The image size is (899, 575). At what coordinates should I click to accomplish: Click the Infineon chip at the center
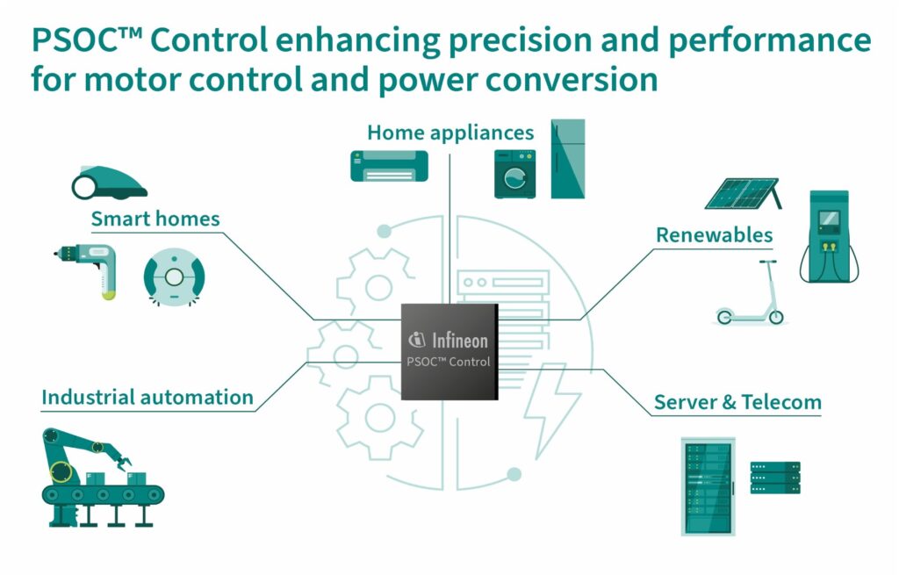click(x=449, y=351)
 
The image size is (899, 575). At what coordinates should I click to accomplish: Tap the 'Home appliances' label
click(x=449, y=133)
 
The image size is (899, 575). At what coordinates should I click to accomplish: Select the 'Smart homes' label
click(x=155, y=218)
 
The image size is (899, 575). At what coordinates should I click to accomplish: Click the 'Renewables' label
click(x=714, y=234)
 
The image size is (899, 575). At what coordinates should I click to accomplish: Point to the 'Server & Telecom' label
click(x=737, y=403)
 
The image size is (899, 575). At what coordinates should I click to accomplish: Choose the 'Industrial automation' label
click(x=147, y=397)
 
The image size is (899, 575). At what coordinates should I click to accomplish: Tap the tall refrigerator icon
click(x=567, y=159)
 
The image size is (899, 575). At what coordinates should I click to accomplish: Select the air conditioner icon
click(x=389, y=165)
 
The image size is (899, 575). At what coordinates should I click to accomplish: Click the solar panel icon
click(x=743, y=193)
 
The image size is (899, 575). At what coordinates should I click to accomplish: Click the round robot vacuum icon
click(x=174, y=277)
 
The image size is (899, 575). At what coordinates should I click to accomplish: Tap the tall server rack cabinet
click(x=707, y=486)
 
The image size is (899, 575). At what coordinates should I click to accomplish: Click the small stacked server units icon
click(x=774, y=478)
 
